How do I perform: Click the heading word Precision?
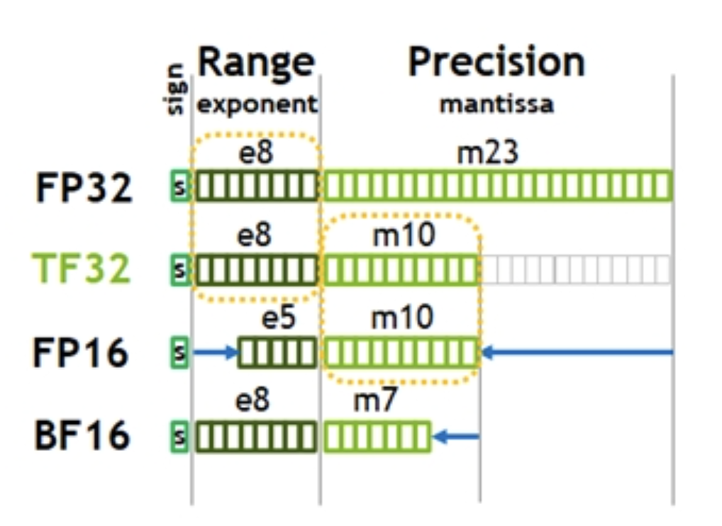point(496,62)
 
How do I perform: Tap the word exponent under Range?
point(257,105)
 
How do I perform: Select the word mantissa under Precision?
point(496,104)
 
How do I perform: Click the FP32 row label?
point(84,187)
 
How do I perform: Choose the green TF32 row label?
point(81,268)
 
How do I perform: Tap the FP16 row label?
point(81,352)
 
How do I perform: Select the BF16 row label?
point(82,435)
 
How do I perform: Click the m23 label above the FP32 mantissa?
point(487,153)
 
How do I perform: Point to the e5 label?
point(278,318)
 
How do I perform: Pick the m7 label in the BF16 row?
point(374,401)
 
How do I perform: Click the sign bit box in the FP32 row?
point(180,186)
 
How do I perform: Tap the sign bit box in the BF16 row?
point(179,436)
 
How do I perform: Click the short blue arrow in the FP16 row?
point(216,353)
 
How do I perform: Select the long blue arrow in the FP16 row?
point(577,353)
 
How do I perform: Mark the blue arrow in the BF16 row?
point(456,436)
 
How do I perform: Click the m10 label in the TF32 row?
point(404,235)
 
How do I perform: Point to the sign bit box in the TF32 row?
point(180,269)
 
